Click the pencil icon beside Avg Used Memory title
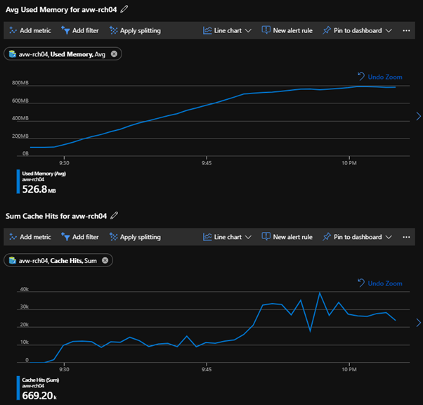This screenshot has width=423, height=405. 125,8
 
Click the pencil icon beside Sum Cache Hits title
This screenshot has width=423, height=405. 115,215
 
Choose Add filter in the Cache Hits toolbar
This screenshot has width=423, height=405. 81,237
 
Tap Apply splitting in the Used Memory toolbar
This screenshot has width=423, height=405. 135,31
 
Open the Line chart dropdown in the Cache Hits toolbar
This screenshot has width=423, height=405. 227,237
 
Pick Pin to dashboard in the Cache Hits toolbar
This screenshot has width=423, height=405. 358,237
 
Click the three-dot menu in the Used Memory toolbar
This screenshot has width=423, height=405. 406,31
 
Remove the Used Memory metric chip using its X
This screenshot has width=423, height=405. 115,53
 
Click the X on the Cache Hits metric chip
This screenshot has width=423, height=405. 105,260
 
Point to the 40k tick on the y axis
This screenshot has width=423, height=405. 24,290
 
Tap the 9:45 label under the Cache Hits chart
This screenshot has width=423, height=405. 207,368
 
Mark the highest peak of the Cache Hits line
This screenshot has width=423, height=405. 320,292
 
